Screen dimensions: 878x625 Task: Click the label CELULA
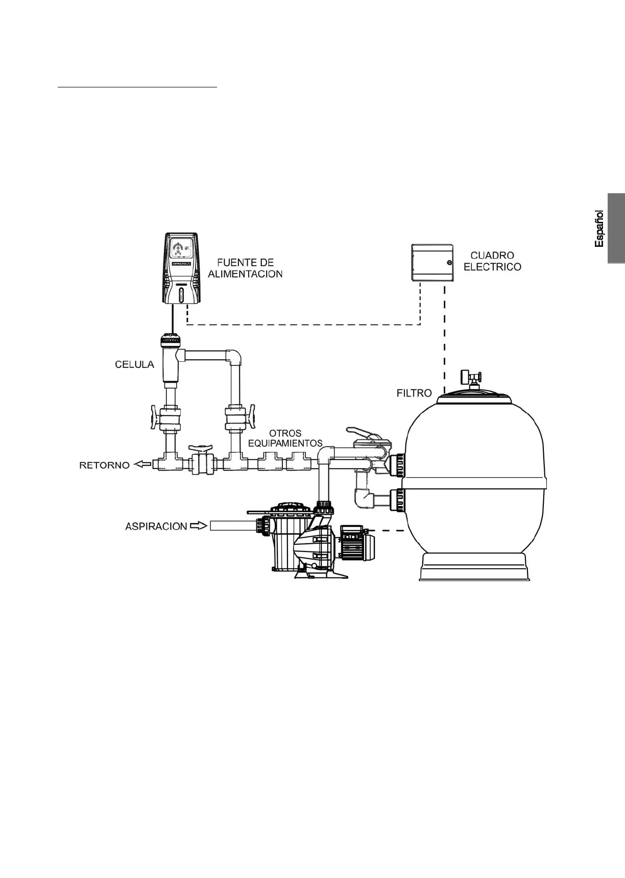[x=134, y=364]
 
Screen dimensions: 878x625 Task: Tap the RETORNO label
[x=104, y=466]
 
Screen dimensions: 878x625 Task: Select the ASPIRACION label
[x=156, y=526]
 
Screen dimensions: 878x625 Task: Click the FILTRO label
[x=414, y=393]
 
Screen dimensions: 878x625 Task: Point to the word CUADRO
[x=492, y=256]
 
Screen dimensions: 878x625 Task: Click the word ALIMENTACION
[x=245, y=274]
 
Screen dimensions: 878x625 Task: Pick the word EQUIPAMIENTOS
[x=285, y=443]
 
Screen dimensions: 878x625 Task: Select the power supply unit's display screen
[x=181, y=250]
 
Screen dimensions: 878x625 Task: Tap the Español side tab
[x=616, y=228]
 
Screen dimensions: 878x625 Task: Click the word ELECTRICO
[x=492, y=267]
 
